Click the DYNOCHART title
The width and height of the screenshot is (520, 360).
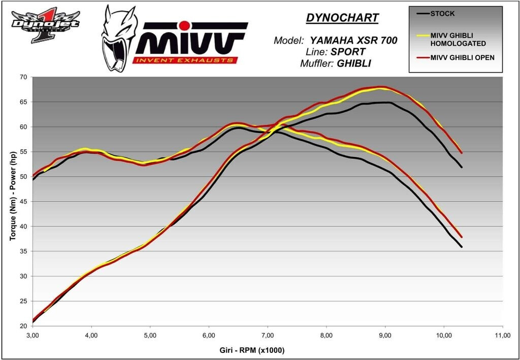(342, 18)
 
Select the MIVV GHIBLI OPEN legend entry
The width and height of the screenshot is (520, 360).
(462, 57)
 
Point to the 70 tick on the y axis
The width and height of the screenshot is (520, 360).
(23, 77)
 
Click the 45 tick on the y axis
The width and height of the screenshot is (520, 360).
(23, 202)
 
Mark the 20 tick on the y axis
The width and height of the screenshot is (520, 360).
(23, 326)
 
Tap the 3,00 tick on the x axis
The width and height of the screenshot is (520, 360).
(32, 336)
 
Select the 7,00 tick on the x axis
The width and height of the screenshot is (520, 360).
(268, 336)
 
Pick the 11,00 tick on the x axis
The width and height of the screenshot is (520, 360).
(503, 336)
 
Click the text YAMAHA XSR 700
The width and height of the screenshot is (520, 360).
(354, 41)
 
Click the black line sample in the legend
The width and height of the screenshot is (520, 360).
(421, 13)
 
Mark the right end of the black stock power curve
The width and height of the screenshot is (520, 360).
(462, 167)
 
